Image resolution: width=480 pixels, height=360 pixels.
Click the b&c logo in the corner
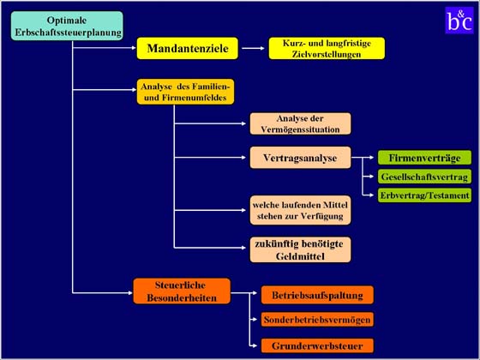pyautogui.click(x=459, y=21)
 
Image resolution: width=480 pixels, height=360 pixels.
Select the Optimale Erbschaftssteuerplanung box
pyautogui.click(x=67, y=26)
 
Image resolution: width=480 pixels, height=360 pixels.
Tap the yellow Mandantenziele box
pyautogui.click(x=188, y=48)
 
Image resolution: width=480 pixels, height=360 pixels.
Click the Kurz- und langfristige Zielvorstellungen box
pyautogui.click(x=327, y=48)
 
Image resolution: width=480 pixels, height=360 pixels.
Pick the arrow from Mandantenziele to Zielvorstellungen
pyautogui.click(x=253, y=48)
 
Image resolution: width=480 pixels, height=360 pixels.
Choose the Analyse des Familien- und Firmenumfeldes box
pyautogui.click(x=185, y=92)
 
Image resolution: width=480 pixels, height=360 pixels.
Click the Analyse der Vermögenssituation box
pyautogui.click(x=300, y=123)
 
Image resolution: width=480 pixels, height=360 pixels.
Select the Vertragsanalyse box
pyautogui.click(x=300, y=158)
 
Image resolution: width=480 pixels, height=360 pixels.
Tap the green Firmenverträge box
pyautogui.click(x=424, y=158)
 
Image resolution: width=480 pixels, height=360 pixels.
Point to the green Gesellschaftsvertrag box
pyautogui.click(x=424, y=177)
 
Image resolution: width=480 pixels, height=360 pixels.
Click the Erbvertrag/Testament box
pyautogui.click(x=424, y=195)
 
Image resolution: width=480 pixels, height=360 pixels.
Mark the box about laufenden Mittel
pyautogui.click(x=300, y=210)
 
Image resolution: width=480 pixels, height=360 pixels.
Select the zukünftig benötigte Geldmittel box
pyautogui.click(x=300, y=249)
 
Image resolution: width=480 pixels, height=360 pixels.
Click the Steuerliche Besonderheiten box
pyautogui.click(x=182, y=291)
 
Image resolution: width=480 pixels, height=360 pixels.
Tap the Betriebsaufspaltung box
pyautogui.click(x=317, y=295)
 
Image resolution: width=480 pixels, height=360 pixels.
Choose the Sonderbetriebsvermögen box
pyautogui.click(x=317, y=320)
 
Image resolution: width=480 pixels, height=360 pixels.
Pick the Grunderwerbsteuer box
pyautogui.click(x=317, y=345)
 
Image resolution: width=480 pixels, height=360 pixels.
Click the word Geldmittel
pyautogui.click(x=300, y=256)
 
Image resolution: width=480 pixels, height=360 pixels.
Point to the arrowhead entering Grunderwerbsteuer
pyautogui.click(x=255, y=346)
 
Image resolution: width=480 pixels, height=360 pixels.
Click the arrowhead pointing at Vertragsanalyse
pyautogui.click(x=243, y=158)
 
